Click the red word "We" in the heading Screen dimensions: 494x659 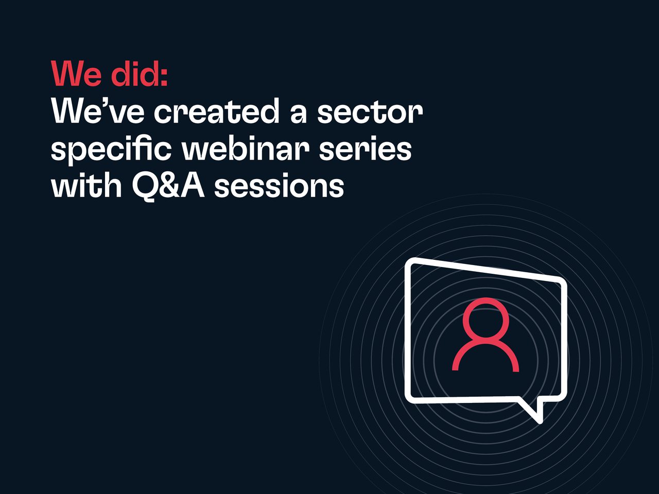click(x=76, y=74)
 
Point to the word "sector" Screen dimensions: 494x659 click(x=370, y=112)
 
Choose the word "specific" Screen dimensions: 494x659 click(x=112, y=150)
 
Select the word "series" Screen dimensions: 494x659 click(x=365, y=149)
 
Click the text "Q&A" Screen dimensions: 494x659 click(x=168, y=186)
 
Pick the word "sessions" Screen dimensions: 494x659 click(x=279, y=187)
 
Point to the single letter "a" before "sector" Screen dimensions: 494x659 click(x=298, y=113)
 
